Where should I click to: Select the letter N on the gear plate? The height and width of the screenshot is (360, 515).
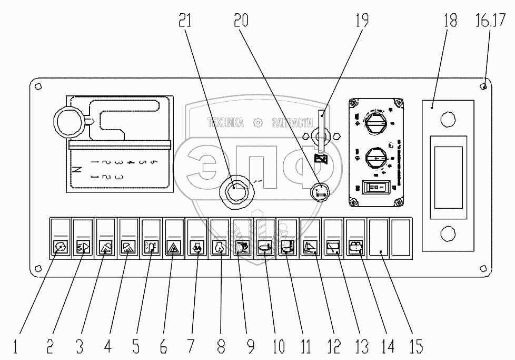pos(77,170)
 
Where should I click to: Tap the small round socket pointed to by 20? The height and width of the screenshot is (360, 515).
pos(319,192)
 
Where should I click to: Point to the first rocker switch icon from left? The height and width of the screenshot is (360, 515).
pos(60,246)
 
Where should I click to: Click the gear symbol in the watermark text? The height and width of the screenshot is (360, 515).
pos(258,122)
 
